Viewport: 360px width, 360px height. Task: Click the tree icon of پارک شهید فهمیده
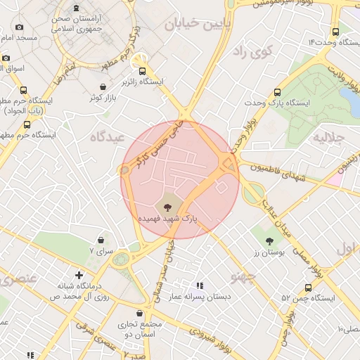tap(167, 207)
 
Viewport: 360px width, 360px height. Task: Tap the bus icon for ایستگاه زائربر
tap(143, 71)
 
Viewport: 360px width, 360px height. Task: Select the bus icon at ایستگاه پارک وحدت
tap(278, 92)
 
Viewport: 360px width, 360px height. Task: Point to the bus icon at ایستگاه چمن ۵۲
tap(308, 288)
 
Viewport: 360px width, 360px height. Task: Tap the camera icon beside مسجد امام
tap(19, 27)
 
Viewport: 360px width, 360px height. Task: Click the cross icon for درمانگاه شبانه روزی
tap(79, 275)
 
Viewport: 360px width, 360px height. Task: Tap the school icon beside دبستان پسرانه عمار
tap(200, 285)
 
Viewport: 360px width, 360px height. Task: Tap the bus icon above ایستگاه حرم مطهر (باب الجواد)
tap(24, 90)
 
